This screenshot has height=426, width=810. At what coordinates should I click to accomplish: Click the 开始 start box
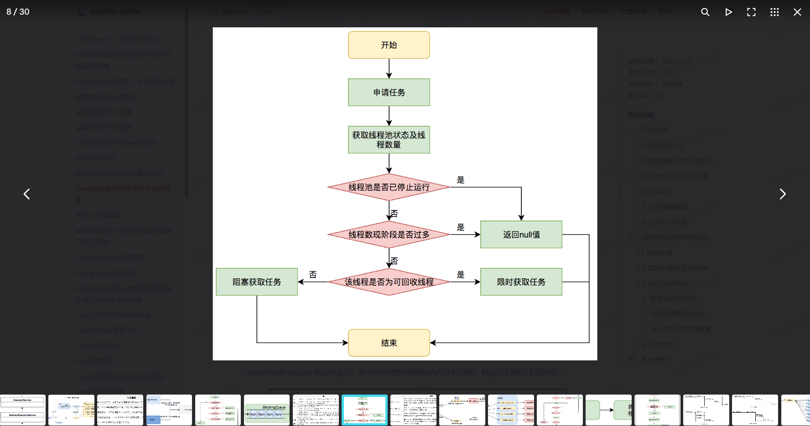tap(389, 45)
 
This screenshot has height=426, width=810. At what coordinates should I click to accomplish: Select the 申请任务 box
tap(389, 92)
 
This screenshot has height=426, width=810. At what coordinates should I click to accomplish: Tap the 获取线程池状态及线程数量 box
tap(389, 140)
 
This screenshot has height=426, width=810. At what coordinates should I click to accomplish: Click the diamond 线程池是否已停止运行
tap(389, 187)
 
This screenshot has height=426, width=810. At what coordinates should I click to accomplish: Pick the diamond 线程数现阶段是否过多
tap(389, 235)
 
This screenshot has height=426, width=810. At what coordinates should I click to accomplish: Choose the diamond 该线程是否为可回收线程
tap(389, 282)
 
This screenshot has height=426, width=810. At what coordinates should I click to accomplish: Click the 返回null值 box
tap(521, 235)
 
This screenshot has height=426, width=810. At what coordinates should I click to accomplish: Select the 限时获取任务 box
tap(521, 282)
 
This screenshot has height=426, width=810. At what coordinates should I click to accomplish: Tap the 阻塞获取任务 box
tap(257, 282)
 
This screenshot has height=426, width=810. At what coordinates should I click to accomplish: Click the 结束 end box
tap(389, 343)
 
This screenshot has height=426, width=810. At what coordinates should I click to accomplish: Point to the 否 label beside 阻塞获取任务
tap(313, 275)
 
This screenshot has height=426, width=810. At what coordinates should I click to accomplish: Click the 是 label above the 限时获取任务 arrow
tap(461, 275)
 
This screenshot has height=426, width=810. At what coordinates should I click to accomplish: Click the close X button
tap(797, 12)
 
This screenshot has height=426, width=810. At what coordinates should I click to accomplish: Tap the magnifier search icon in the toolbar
tap(705, 12)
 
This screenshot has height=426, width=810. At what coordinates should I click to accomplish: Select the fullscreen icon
tap(751, 12)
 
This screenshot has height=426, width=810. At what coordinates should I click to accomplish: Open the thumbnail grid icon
tap(774, 12)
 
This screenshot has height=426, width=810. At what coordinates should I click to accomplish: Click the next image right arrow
tap(783, 194)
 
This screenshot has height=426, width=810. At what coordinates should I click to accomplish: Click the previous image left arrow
tap(27, 194)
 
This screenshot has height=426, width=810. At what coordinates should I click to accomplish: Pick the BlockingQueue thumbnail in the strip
tap(267, 410)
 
